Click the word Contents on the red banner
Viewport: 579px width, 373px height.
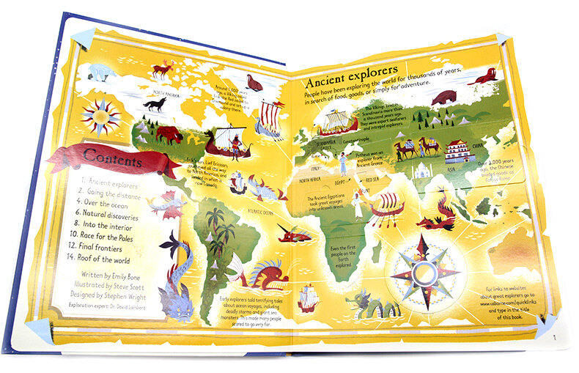point(113,155)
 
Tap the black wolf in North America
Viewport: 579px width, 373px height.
point(155,106)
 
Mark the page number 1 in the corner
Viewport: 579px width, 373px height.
point(555,337)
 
